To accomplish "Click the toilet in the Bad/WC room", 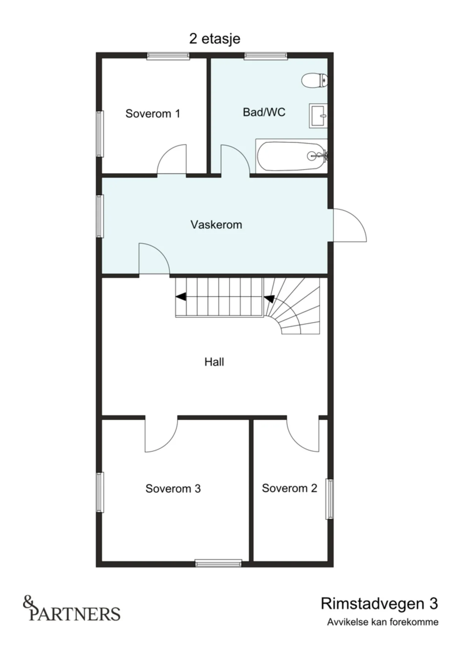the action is point(314,80).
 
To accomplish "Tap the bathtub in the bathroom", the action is point(291,156).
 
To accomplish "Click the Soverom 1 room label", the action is point(153,113).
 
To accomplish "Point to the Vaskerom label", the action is point(216,224).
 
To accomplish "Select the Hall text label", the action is point(214,362).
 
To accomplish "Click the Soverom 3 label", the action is point(173,488).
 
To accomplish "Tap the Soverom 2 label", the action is point(290,488).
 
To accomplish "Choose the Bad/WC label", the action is point(264,112).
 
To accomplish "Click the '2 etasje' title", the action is point(215,38).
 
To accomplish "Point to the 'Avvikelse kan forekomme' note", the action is point(383,622).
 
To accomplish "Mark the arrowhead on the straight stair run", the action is point(180,297).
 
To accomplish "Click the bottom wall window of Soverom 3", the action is point(218,563).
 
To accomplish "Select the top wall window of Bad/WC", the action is point(266,56).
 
